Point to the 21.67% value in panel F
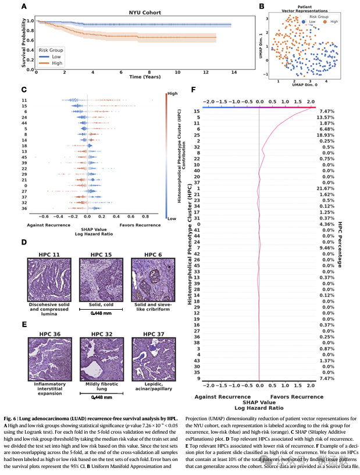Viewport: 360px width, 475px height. pyautogui.click(x=327, y=189)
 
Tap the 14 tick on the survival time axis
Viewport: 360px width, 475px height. pyautogui.click(x=234, y=72)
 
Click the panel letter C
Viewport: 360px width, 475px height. pyautogui.click(x=23, y=90)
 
